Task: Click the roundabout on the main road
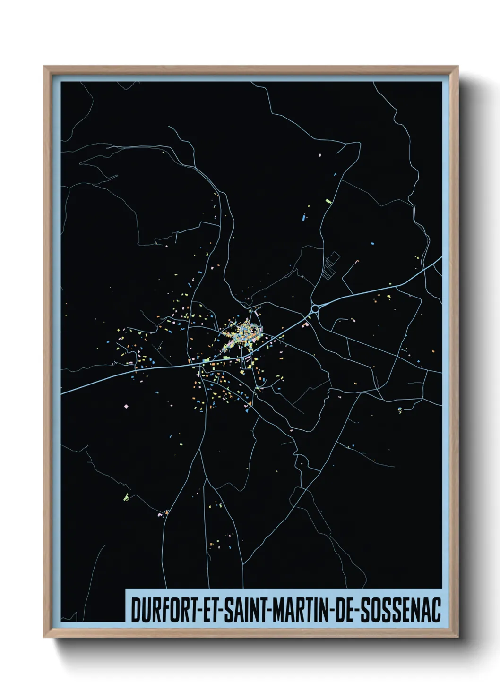[315, 309]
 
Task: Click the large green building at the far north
[328, 201]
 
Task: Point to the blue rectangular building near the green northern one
[303, 218]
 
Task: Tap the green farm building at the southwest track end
[126, 497]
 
